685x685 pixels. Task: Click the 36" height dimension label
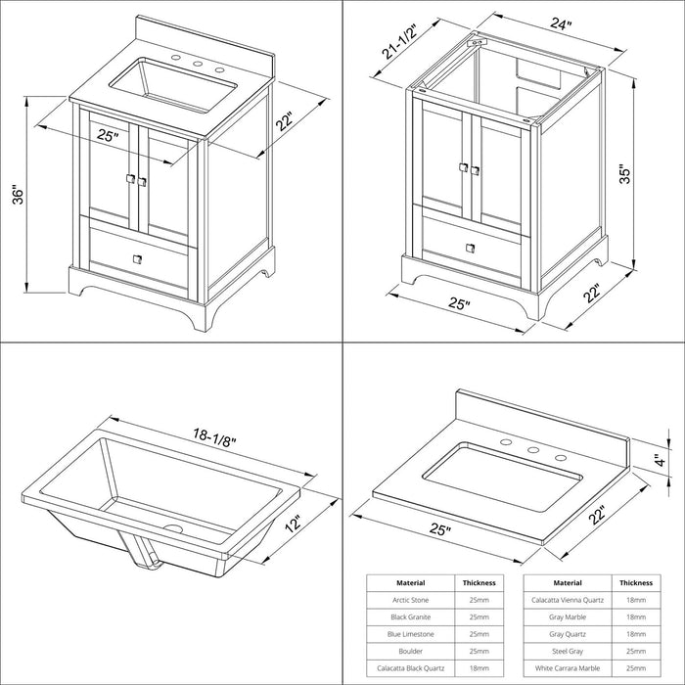tap(18, 196)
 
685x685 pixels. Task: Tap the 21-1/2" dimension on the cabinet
tap(399, 41)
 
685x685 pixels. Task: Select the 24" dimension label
tap(561, 23)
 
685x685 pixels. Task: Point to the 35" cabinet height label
tap(625, 174)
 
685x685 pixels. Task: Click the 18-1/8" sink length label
tap(214, 436)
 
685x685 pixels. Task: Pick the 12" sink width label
tap(294, 523)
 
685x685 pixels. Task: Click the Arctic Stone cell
tap(411, 600)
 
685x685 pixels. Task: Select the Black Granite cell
tap(411, 616)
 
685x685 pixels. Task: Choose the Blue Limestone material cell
tap(411, 634)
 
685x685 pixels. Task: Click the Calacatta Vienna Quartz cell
tap(568, 600)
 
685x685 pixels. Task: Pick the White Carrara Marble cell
tap(568, 668)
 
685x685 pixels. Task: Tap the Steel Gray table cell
tap(568, 651)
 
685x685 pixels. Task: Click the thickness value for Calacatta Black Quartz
tap(479, 668)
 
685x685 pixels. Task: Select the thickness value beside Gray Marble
tap(636, 616)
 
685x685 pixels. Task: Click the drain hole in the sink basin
tap(173, 527)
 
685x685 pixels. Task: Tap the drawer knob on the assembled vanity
tap(137, 259)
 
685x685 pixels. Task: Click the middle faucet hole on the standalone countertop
tap(532, 449)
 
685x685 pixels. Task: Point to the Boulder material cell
tap(411, 651)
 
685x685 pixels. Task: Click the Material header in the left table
tap(411, 583)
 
